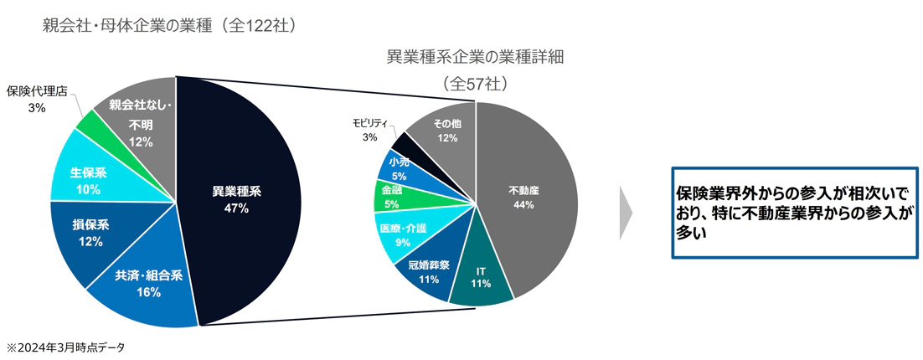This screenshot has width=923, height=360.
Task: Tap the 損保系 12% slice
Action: coord(87,234)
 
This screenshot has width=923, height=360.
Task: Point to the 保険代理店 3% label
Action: coord(38,99)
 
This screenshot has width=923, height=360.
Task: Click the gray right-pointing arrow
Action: coord(625,213)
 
